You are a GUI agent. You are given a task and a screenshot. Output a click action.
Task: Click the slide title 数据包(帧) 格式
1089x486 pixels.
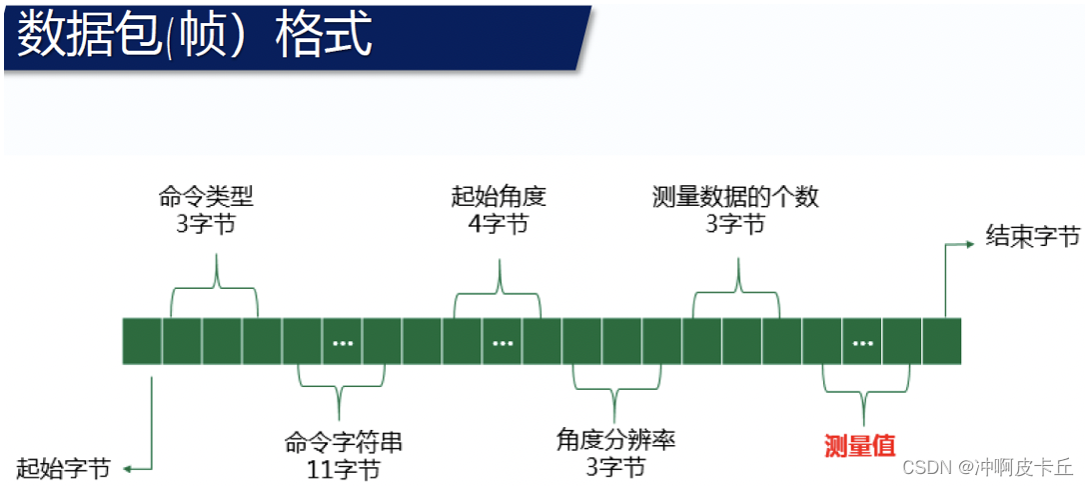tap(195, 37)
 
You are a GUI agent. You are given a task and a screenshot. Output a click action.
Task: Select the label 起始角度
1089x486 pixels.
tap(499, 196)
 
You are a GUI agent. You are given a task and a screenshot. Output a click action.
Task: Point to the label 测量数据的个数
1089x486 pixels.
tap(735, 196)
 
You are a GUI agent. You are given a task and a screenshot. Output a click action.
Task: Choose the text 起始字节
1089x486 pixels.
tap(62, 467)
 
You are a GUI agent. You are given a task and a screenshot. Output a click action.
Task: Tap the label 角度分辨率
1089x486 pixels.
tap(615, 440)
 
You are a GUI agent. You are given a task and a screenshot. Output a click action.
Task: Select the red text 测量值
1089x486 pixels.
tap(859, 445)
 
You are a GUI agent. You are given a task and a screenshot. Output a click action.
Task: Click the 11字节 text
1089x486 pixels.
tap(343, 468)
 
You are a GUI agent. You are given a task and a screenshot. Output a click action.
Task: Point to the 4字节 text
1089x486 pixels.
tap(499, 222)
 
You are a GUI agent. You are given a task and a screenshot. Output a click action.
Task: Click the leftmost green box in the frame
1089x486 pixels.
tap(142, 341)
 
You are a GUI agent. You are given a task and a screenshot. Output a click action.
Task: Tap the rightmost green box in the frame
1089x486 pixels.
tap(942, 341)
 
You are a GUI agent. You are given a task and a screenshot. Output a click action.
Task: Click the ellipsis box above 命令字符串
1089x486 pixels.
tap(343, 341)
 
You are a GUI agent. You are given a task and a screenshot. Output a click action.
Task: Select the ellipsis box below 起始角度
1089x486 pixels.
tap(503, 341)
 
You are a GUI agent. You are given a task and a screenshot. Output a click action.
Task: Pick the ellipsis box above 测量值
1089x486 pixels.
tap(862, 341)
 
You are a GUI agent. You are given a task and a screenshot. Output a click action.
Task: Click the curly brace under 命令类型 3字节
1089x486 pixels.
tap(215, 285)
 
